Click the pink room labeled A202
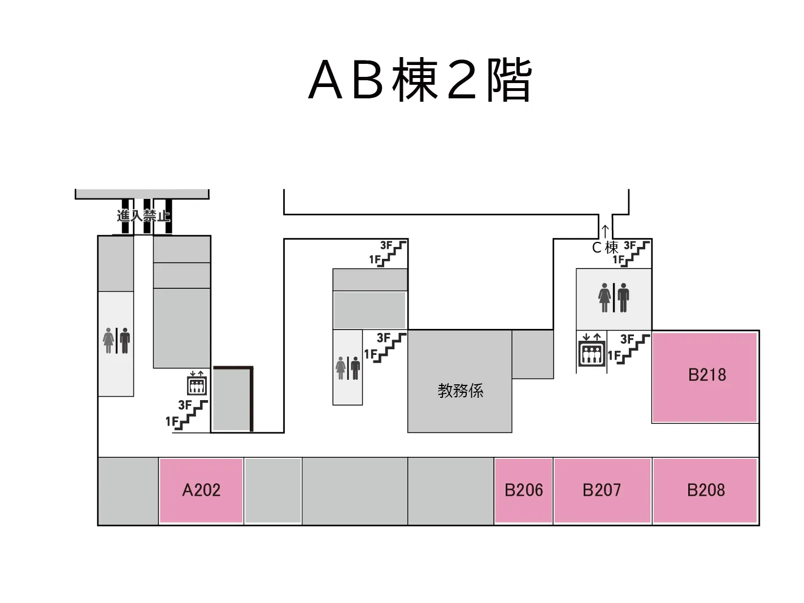[x=201, y=490]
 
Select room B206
[x=523, y=490]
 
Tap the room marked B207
[x=602, y=490]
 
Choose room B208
[x=706, y=490]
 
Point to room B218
[x=706, y=375]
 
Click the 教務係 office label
[x=460, y=391]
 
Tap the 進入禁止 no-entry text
[x=144, y=215]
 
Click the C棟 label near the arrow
[x=605, y=248]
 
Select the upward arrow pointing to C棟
[x=605, y=231]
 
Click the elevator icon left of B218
[x=592, y=352]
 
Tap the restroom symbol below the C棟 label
[x=614, y=298]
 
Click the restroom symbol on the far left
[x=117, y=341]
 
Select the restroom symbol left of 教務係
[x=347, y=368]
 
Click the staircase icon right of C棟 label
[x=636, y=252]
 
